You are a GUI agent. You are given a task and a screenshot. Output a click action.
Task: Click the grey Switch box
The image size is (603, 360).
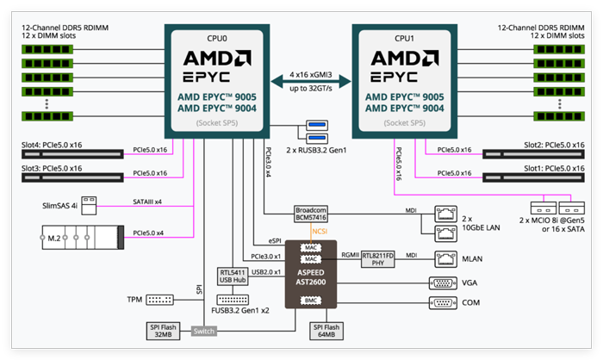tap(204, 332)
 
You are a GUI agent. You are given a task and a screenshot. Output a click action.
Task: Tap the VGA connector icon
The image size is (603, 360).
tap(442, 282)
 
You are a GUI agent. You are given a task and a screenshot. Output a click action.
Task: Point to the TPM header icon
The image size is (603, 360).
tap(159, 300)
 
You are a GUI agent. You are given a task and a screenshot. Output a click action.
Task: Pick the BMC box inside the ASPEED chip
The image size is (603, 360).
tap(313, 300)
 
